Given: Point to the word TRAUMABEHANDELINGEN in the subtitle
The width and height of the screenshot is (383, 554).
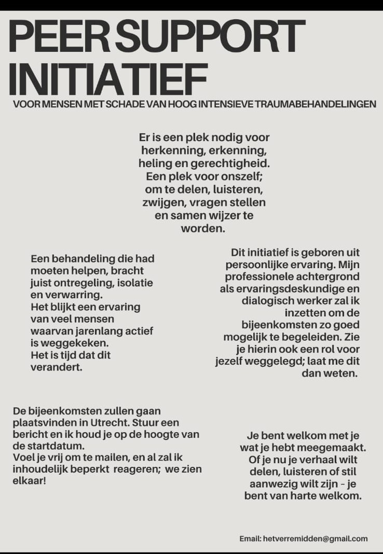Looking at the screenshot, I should pos(315,104).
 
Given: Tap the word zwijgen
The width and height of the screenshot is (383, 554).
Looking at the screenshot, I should pos(160,202).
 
